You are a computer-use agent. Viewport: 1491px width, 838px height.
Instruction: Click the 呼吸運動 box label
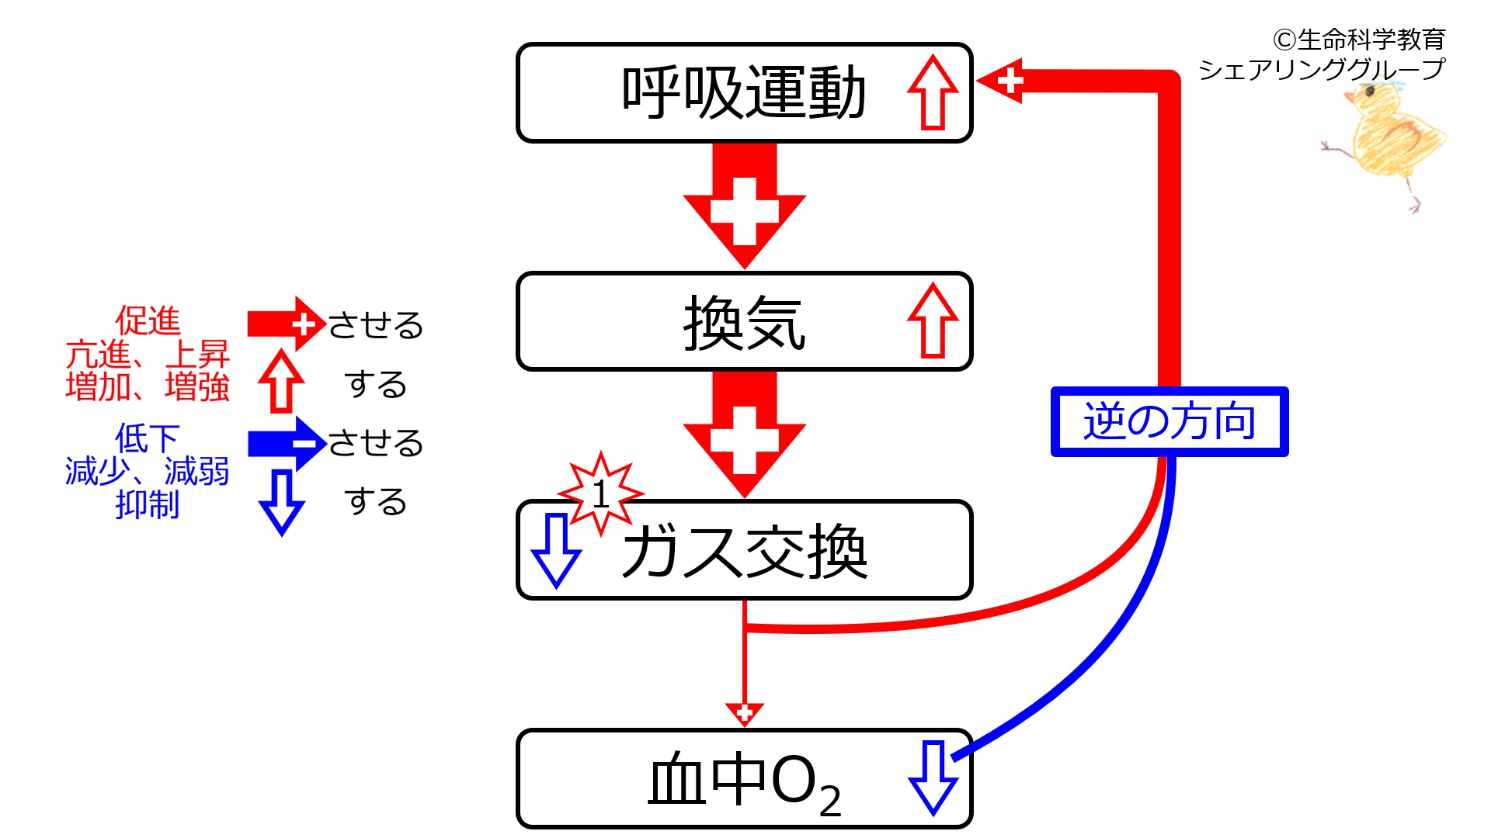click(743, 93)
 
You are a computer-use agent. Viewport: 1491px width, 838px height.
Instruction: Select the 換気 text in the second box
click(744, 323)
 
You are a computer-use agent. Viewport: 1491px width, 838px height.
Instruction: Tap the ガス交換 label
click(744, 551)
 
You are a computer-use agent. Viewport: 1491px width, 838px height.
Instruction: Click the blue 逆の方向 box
click(1170, 421)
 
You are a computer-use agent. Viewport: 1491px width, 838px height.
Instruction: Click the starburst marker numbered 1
click(600, 493)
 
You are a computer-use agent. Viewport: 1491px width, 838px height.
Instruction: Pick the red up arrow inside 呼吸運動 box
click(933, 92)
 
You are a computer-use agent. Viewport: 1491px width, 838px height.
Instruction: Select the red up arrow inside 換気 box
click(933, 320)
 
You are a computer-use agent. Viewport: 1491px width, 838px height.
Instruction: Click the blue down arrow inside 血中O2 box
click(933, 778)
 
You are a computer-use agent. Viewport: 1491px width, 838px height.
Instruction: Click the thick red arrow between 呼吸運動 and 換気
click(745, 206)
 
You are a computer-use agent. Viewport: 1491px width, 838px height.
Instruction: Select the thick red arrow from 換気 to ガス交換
click(745, 435)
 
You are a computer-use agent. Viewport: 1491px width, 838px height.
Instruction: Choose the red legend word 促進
click(148, 320)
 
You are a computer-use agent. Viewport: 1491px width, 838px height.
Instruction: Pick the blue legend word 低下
click(148, 438)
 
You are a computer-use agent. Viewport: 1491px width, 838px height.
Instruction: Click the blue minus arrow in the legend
click(287, 444)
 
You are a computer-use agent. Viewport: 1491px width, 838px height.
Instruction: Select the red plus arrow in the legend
click(287, 324)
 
